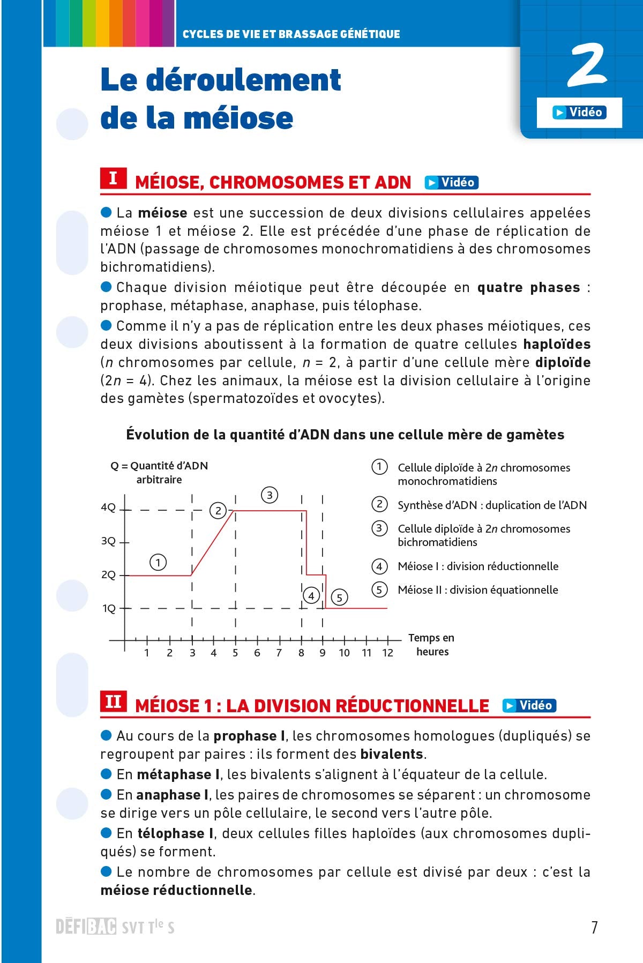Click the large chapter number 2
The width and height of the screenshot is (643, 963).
tap(587, 66)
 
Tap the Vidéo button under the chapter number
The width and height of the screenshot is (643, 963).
tap(579, 113)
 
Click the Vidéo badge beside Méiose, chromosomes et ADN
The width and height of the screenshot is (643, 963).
tap(451, 183)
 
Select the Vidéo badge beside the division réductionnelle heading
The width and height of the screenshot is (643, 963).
tap(529, 705)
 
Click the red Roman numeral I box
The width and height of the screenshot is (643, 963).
tap(113, 178)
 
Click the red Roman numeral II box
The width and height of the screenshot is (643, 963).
tap(113, 701)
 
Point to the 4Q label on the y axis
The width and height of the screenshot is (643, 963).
tap(108, 507)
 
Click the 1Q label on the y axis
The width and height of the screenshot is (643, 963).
tap(109, 609)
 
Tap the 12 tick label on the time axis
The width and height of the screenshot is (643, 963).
tap(388, 653)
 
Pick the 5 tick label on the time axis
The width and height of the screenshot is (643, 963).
tap(235, 653)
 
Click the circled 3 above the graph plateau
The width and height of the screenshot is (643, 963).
tap(270, 495)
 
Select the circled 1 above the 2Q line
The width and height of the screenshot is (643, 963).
tap(158, 563)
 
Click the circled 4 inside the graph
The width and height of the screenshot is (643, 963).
tap(311, 595)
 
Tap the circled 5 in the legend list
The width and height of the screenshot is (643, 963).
tap(379, 590)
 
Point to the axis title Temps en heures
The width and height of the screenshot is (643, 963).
tap(431, 645)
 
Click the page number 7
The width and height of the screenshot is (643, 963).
tap(594, 927)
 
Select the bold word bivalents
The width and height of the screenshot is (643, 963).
tap(392, 755)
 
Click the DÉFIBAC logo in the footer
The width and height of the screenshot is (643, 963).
tap(86, 927)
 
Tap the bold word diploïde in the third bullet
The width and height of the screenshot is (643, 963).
tap(563, 363)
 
